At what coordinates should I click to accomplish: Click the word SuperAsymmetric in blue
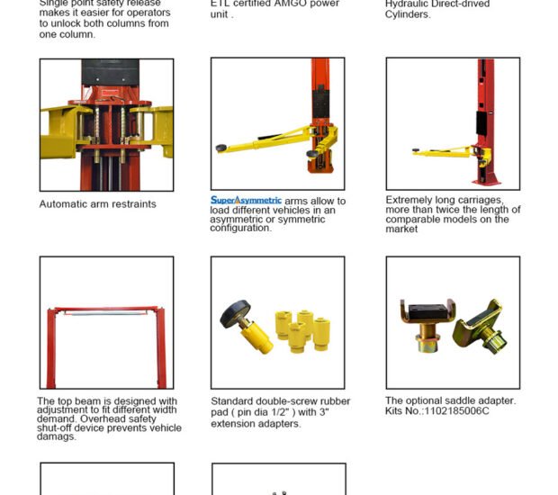point(246,200)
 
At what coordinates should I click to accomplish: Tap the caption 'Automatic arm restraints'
point(97,204)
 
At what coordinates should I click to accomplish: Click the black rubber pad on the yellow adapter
point(236,314)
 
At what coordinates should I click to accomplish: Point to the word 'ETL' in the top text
point(221,4)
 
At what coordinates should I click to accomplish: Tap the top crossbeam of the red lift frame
point(106,310)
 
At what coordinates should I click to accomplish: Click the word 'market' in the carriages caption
point(401,229)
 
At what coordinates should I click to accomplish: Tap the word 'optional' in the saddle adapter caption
point(428,400)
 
